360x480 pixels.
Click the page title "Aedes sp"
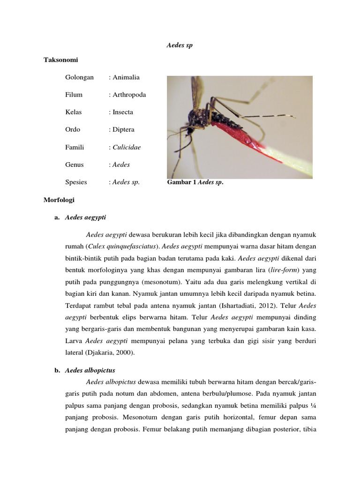(x=180, y=45)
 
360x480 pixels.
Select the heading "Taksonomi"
(x=60, y=60)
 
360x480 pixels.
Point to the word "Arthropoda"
(x=129, y=95)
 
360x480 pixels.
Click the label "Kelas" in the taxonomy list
(x=74, y=112)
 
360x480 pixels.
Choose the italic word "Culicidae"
(x=127, y=147)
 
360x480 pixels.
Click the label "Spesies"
(x=76, y=182)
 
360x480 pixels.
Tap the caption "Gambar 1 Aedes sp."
(x=195, y=182)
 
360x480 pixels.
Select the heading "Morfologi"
(x=59, y=200)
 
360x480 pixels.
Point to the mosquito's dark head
(x=193, y=117)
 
